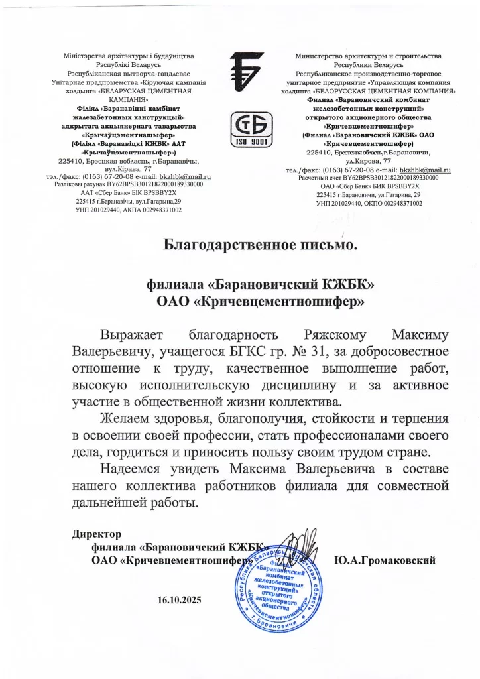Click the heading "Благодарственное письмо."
click(261, 245)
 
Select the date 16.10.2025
click(179, 601)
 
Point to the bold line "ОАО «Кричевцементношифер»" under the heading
click(261, 302)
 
